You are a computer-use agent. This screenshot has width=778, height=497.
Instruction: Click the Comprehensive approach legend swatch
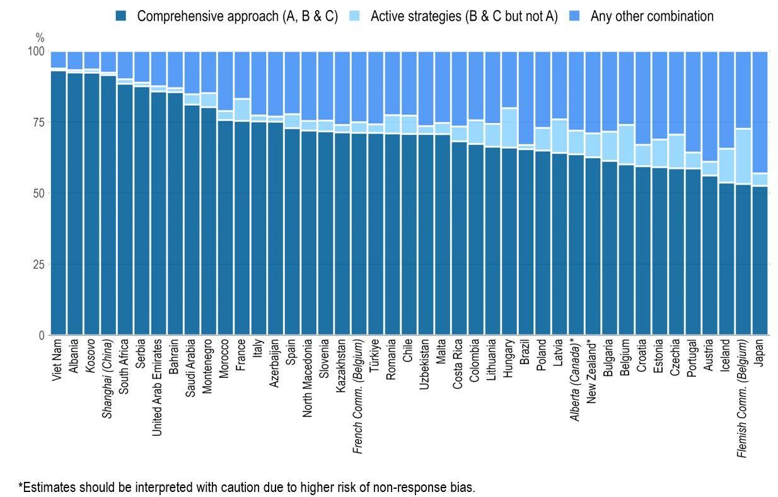tap(122, 16)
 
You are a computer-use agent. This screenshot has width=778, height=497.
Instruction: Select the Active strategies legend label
tap(464, 16)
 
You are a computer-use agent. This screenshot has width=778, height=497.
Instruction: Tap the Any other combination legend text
tap(652, 16)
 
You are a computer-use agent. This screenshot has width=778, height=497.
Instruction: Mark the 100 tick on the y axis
tap(35, 52)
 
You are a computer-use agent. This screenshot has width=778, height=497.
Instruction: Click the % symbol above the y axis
tap(40, 38)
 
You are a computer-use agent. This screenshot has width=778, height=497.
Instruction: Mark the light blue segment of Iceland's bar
tap(726, 166)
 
